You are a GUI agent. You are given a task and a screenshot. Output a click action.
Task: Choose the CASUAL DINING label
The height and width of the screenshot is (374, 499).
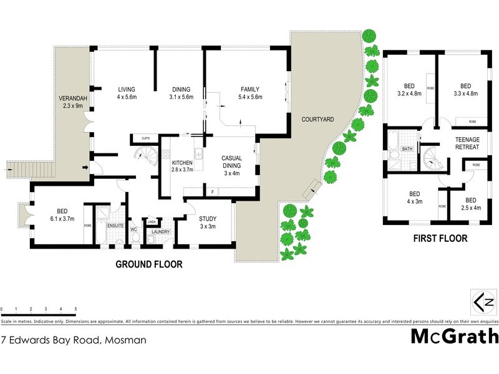tap(232, 162)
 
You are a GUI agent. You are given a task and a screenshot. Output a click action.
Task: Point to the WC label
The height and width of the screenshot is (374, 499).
tap(133, 229)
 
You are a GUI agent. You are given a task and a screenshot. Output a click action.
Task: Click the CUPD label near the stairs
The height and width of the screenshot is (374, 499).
tap(145, 138)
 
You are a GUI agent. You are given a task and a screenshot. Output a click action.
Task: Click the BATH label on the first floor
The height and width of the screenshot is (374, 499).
tap(407, 149)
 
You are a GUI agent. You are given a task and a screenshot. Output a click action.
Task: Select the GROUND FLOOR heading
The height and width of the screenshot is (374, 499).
tap(149, 264)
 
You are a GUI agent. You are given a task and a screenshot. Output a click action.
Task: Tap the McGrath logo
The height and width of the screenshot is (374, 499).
tap(455, 337)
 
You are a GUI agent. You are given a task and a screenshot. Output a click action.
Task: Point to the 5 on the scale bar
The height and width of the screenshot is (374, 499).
tap(75, 309)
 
